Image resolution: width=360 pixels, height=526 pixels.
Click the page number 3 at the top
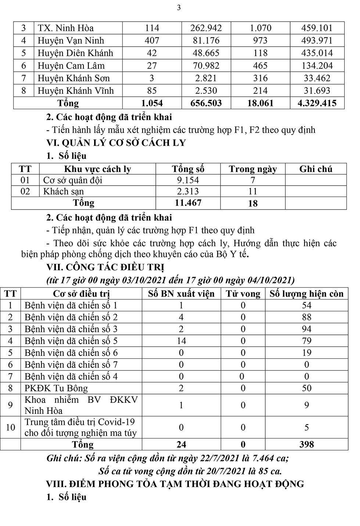pyautogui.click(x=179, y=8)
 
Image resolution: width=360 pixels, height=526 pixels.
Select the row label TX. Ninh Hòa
pyautogui.click(x=65, y=28)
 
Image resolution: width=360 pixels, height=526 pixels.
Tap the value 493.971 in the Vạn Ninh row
pyautogui.click(x=317, y=41)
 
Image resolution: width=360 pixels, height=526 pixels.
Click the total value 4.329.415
pyautogui.click(x=317, y=103)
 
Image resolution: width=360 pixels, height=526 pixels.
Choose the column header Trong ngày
pyautogui.click(x=253, y=169)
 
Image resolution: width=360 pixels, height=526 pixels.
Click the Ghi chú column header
pyautogui.click(x=316, y=169)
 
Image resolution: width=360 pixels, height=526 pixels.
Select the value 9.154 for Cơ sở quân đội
pyautogui.click(x=188, y=180)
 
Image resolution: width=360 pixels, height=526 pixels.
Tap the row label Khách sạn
pyautogui.click(x=64, y=192)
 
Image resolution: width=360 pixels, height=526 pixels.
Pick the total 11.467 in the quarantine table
pyautogui.click(x=188, y=203)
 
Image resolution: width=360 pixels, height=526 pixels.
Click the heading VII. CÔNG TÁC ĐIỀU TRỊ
pyautogui.click(x=105, y=267)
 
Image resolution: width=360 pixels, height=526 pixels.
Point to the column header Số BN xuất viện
pyautogui.click(x=181, y=294)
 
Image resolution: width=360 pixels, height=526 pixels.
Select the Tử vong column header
pyautogui.click(x=243, y=294)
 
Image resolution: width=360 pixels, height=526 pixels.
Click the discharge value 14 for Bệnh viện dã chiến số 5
pyautogui.click(x=181, y=341)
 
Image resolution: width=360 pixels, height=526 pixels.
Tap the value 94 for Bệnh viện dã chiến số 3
pyautogui.click(x=306, y=329)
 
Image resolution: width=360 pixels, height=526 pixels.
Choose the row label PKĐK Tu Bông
pyautogui.click(x=56, y=388)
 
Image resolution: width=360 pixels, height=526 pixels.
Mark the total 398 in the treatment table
pyautogui.click(x=306, y=444)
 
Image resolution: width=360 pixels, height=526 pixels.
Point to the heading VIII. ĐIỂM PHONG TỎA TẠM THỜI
pyautogui.click(x=175, y=484)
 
